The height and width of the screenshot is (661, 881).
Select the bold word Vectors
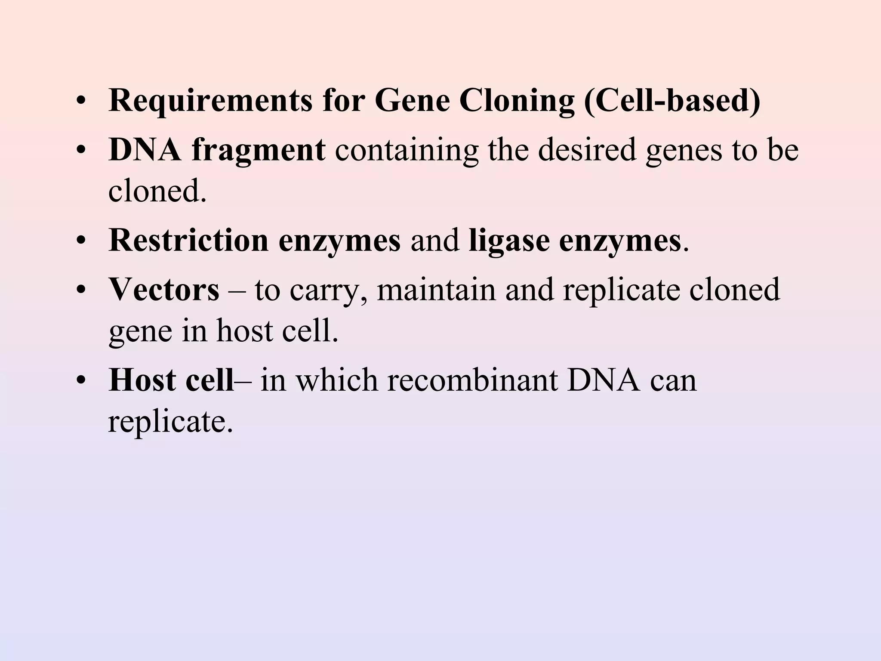[x=164, y=290]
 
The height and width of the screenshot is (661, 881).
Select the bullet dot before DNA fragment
[x=80, y=152]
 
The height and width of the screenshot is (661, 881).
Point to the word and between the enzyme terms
[x=434, y=240]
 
